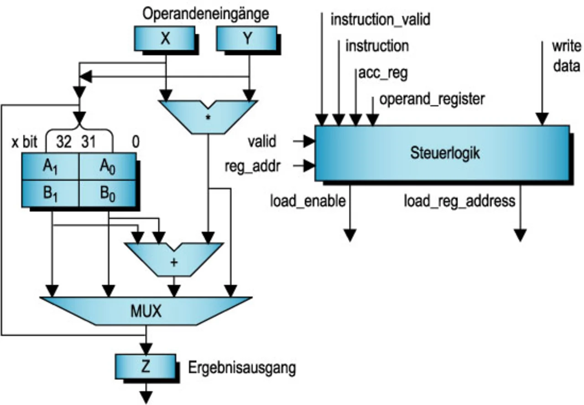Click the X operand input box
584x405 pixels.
coord(165,38)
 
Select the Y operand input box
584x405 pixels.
coord(246,38)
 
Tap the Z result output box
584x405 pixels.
coord(145,367)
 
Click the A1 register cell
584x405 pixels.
coord(50,167)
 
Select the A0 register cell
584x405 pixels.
coord(107,167)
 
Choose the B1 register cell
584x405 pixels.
coord(50,193)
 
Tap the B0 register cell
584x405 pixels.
coord(107,193)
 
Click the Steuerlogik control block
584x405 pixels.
coord(442,153)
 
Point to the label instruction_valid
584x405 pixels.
coord(380,20)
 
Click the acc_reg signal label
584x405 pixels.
coord(383,73)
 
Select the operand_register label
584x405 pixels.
coord(432,99)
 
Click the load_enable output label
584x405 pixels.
coord(308,200)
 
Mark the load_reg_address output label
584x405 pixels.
coord(459,200)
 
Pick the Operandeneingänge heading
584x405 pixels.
coord(205,14)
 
